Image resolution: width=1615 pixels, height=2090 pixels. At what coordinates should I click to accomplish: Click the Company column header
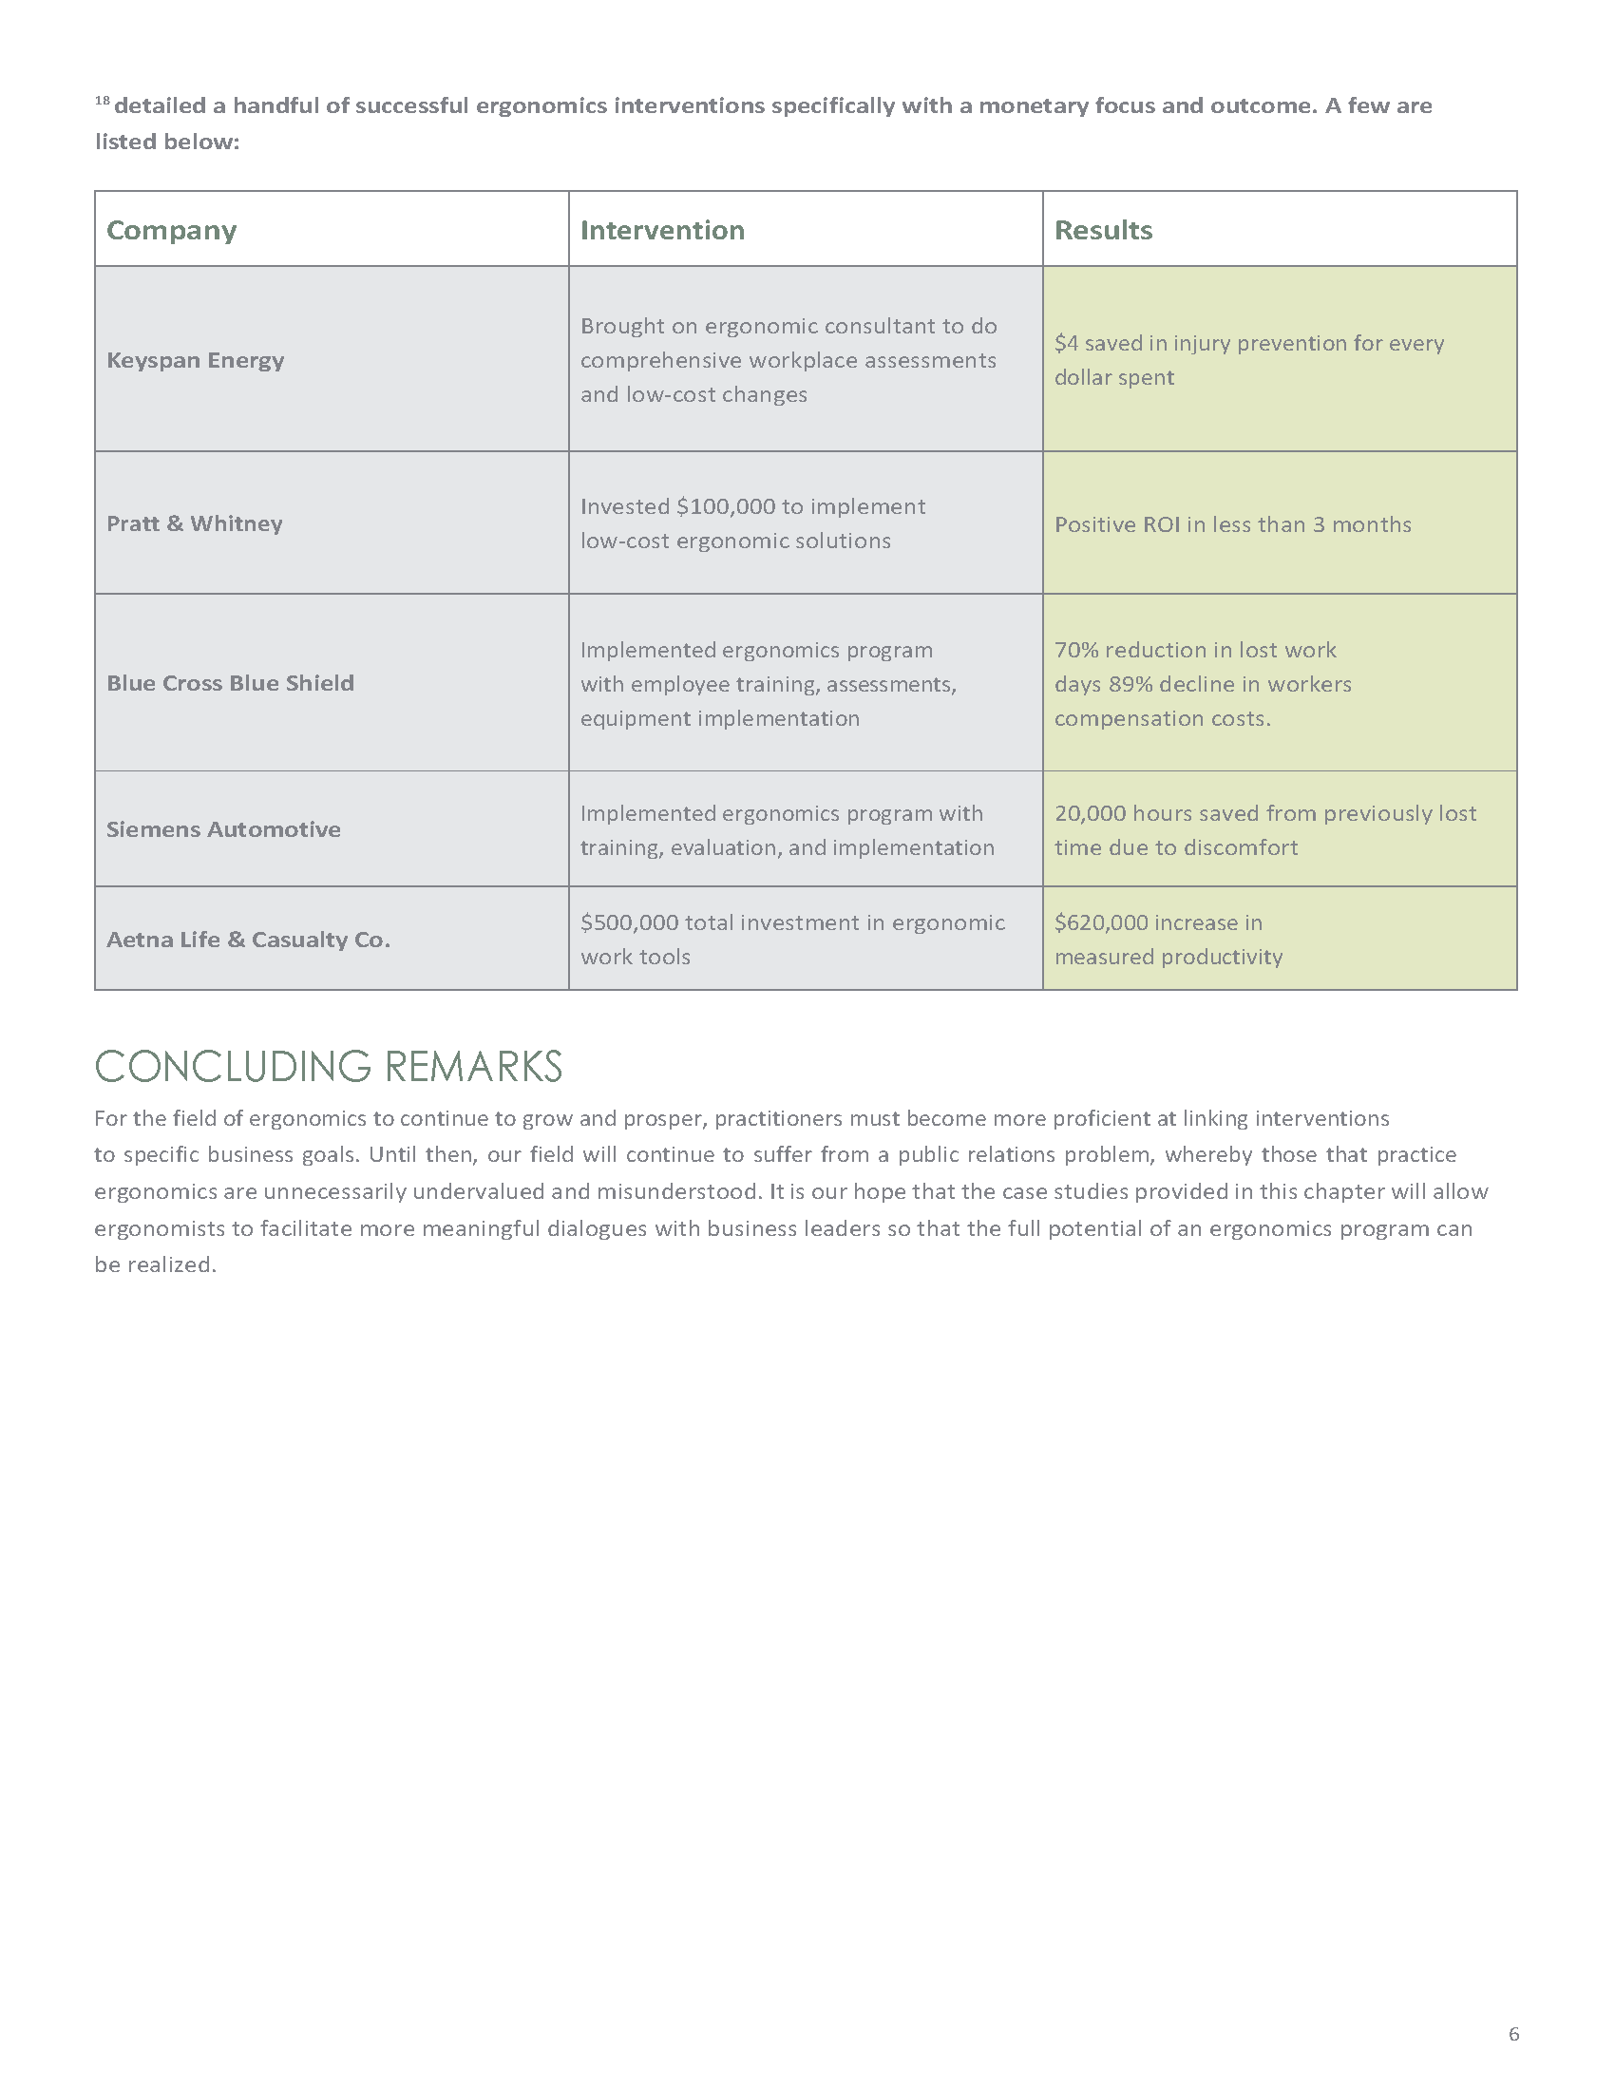tap(171, 231)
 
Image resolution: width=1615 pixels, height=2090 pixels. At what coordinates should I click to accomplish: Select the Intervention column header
tap(662, 231)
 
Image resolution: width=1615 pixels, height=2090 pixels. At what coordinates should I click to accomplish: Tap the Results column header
tap(1103, 231)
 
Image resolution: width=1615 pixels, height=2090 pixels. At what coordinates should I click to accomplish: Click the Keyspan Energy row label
tap(195, 360)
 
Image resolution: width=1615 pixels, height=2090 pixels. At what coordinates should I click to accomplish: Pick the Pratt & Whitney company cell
tap(194, 523)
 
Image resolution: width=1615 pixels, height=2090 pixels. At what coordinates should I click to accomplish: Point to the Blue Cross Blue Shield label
tap(230, 683)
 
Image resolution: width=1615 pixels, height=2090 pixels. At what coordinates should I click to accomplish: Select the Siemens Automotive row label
tap(223, 829)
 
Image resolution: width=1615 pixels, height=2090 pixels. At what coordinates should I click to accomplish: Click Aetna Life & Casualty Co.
tap(248, 940)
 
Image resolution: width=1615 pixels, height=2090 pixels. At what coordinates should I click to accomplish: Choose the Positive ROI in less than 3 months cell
tap(1232, 525)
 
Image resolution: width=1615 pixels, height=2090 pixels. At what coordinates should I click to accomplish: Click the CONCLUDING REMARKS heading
tap(328, 1067)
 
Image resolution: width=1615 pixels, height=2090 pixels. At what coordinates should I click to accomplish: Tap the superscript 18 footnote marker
tap(103, 101)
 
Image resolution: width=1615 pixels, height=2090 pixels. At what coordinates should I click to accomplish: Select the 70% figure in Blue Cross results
tap(1075, 651)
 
